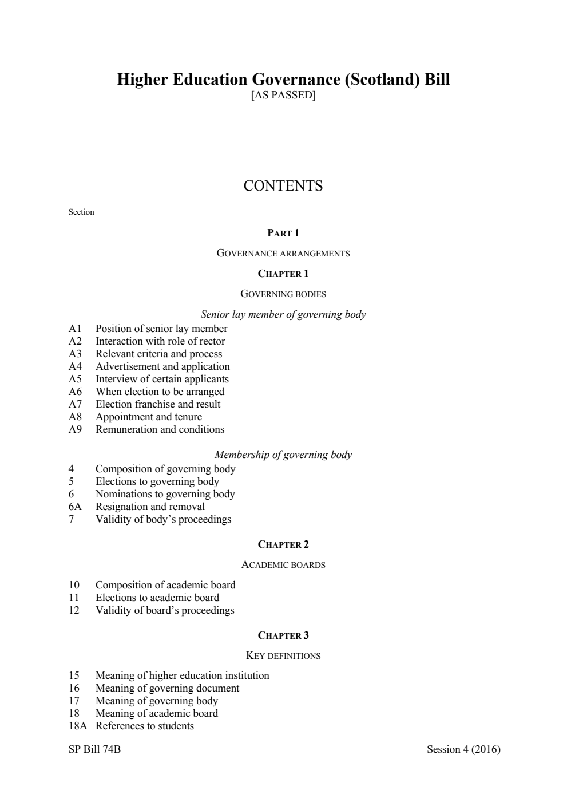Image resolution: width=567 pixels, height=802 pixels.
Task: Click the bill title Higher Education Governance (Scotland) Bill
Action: tap(283, 79)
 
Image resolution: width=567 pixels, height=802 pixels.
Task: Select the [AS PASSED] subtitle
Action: tap(283, 95)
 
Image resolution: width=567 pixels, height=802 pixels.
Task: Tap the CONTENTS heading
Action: tap(283, 186)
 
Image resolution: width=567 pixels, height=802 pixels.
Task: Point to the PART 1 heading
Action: tap(283, 233)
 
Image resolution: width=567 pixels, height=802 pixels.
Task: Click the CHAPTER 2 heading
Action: tap(283, 544)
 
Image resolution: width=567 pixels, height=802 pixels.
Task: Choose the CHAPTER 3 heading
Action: tap(283, 635)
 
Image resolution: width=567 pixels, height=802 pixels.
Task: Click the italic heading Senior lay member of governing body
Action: tap(283, 314)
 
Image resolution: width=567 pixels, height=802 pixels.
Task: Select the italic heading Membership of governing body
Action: tap(283, 455)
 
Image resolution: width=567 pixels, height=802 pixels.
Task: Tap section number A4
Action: tap(75, 366)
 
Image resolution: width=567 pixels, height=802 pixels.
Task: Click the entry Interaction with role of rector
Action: tap(160, 341)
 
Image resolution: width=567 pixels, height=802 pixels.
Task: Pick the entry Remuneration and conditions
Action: tap(160, 429)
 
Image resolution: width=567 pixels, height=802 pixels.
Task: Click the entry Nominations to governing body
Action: tap(165, 494)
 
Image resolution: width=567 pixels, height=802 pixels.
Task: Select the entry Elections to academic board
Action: tap(157, 598)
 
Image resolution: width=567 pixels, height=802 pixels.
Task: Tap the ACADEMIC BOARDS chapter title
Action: tap(283, 565)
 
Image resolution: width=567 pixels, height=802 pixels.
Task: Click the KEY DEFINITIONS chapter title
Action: tap(283, 656)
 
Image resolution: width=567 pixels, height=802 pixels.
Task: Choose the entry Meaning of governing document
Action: tap(167, 688)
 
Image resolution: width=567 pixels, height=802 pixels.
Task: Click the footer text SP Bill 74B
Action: tap(94, 749)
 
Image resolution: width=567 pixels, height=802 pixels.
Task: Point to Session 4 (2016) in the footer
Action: tap(463, 749)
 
